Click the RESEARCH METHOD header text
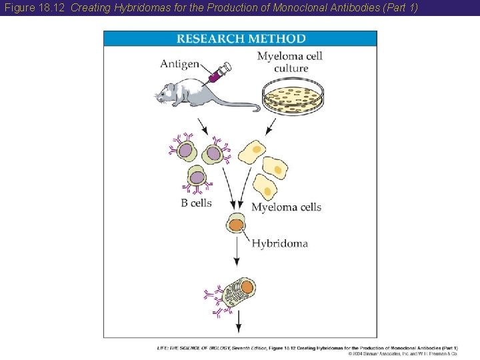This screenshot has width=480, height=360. [240, 39]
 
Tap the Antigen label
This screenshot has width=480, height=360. [179, 64]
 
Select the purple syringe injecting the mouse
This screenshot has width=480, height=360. [219, 72]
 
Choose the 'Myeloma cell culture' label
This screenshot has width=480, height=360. [290, 61]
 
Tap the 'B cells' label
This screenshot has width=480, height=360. [196, 203]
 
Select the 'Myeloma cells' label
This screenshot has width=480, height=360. [286, 207]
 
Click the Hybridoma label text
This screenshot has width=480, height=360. [279, 243]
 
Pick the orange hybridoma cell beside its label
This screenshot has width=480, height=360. [237, 224]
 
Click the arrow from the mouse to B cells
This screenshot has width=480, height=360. [201, 126]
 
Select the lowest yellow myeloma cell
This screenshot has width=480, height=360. [266, 190]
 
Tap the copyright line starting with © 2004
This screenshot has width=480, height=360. [403, 353]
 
